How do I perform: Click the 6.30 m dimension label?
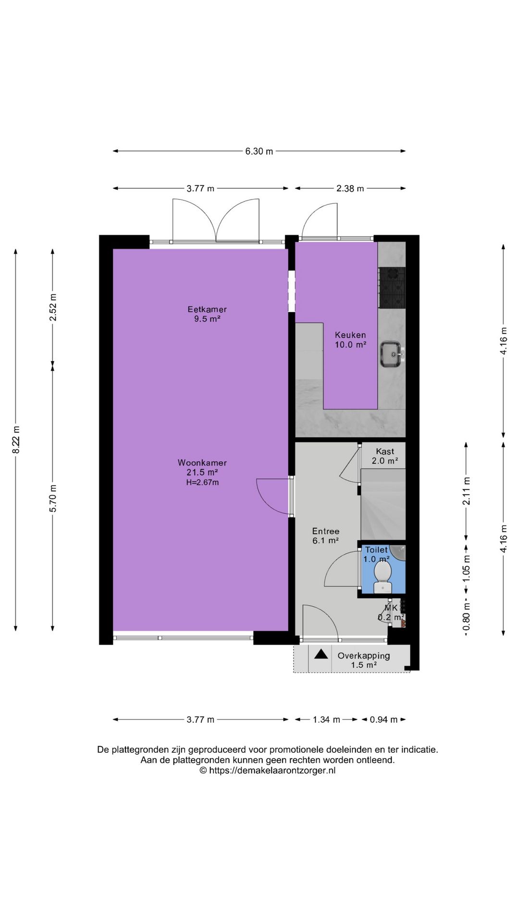click(259, 151)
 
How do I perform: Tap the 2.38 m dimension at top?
click(350, 188)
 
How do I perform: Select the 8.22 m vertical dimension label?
click(16, 439)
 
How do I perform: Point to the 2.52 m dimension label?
click(53, 307)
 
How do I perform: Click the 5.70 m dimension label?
click(53, 498)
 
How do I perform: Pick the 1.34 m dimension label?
click(326, 720)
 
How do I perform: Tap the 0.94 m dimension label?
click(383, 720)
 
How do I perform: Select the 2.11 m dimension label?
click(466, 491)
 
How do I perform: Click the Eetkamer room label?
click(207, 309)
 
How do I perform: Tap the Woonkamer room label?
click(202, 462)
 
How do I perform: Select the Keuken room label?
click(350, 335)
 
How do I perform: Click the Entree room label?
click(326, 531)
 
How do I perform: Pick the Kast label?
click(385, 451)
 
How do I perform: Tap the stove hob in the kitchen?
click(392, 287)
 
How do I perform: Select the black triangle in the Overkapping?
click(321, 654)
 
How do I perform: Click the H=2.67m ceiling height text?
click(202, 482)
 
